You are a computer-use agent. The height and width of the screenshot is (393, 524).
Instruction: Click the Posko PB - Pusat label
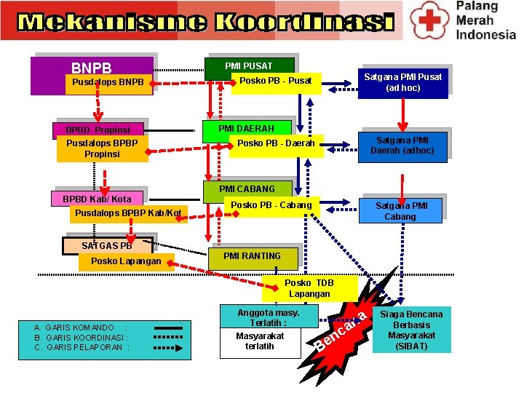point(276,80)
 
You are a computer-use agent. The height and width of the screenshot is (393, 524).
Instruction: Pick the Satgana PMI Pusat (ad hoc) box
point(402,82)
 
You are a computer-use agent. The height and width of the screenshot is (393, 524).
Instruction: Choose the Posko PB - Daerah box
point(276,143)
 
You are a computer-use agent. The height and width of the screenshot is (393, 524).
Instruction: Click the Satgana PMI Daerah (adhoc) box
point(402,146)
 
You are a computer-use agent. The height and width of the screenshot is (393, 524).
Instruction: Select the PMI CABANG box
point(247,189)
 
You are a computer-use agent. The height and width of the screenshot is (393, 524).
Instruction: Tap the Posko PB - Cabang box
point(271,205)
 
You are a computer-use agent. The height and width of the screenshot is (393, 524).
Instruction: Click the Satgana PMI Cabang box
point(400,211)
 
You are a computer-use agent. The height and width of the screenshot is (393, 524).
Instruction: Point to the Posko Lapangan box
point(126,261)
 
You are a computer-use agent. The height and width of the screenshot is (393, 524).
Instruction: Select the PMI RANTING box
point(252,256)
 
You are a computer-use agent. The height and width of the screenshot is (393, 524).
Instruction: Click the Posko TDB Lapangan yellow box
point(309,288)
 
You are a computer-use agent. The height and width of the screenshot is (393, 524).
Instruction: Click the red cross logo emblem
point(430,19)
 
